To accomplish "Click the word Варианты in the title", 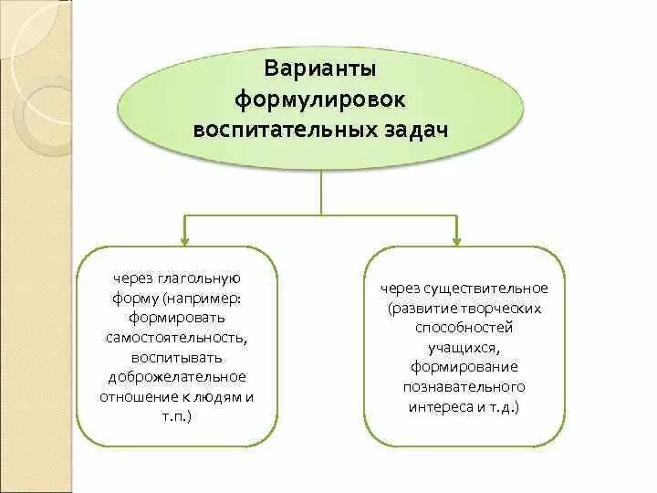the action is [x=319, y=69].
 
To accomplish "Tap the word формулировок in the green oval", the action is [x=319, y=98].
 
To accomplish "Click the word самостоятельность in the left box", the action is [x=177, y=337].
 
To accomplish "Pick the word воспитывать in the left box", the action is [x=177, y=356].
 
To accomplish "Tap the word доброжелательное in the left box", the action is [x=177, y=375].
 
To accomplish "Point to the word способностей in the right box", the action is [x=464, y=328].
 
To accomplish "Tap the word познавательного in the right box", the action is [x=464, y=385].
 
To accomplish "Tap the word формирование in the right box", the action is [x=464, y=366].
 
